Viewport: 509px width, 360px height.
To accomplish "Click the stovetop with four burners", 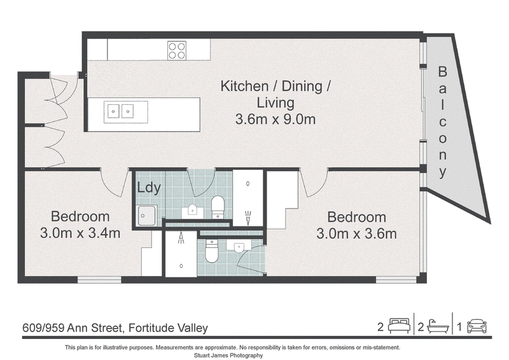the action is coord(177,50).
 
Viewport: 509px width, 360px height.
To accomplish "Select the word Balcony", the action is coord(442,121).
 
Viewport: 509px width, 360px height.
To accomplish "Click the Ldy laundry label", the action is coord(149,188).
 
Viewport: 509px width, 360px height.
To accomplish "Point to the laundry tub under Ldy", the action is coord(147,216).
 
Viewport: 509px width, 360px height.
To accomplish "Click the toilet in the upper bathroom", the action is coord(218,207).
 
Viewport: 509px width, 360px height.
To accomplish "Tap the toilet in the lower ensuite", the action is coord(211,251).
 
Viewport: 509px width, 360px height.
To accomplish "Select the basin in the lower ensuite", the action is coord(239,247).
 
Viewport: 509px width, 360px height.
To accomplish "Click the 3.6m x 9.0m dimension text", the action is coord(275,119).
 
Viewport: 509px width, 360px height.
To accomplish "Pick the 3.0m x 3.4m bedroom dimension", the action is coord(80,233).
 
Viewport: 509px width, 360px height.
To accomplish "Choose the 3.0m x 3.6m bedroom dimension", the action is coord(356,233).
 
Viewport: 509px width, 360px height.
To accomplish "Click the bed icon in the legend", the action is coord(399,326).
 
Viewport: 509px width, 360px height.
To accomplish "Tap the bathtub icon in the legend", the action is coord(438,326).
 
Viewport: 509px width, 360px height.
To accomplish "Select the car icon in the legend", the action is coord(477,326).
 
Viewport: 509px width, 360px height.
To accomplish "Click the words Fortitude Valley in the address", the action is coord(168,328).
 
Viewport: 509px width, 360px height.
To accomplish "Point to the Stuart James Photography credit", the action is coord(228,355).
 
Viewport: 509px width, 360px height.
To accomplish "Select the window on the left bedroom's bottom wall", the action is coord(99,279).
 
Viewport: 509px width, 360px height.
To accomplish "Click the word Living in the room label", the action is coord(275,103).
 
